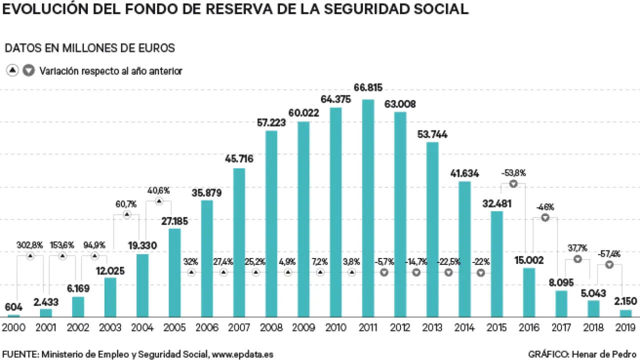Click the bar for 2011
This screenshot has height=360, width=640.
tap(368, 207)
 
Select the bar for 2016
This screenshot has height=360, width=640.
tap(529, 292)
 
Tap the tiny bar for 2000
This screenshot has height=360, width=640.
tap(14, 315)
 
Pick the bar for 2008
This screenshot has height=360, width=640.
tap(271, 223)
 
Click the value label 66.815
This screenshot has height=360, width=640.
tap(368, 88)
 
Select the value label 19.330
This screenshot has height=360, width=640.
tap(142, 245)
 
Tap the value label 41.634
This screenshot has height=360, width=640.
tap(464, 173)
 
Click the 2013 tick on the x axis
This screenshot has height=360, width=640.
tap(432, 328)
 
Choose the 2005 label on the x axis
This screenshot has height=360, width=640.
tap(174, 328)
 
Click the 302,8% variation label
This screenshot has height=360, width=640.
tap(30, 245)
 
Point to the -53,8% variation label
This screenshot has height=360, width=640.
tap(513, 173)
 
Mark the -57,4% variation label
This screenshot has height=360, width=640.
tap(609, 254)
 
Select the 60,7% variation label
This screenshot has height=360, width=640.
tap(126, 203)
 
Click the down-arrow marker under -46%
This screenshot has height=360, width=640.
tap(545, 217)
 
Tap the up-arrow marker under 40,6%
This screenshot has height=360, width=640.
tap(158, 201)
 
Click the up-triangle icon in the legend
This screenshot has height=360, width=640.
tap(12, 71)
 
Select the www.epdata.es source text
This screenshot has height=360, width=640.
tap(242, 354)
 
